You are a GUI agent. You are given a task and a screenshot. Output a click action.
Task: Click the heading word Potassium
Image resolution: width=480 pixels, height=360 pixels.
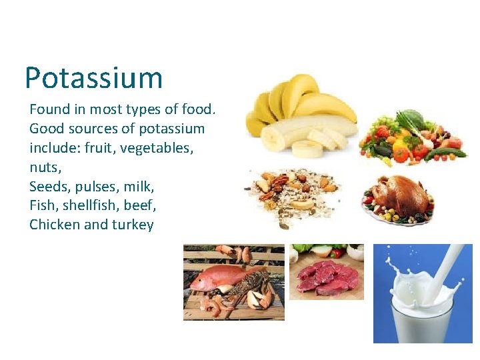(x=93, y=78)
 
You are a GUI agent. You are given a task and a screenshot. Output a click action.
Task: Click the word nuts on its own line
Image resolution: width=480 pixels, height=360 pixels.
(x=45, y=167)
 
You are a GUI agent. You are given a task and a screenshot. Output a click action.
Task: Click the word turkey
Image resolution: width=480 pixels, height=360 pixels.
(x=133, y=225)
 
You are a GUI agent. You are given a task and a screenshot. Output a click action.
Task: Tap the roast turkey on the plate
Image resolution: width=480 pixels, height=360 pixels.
(x=400, y=197)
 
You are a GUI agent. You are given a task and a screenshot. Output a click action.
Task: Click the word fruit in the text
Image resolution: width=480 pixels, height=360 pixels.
(x=99, y=147)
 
